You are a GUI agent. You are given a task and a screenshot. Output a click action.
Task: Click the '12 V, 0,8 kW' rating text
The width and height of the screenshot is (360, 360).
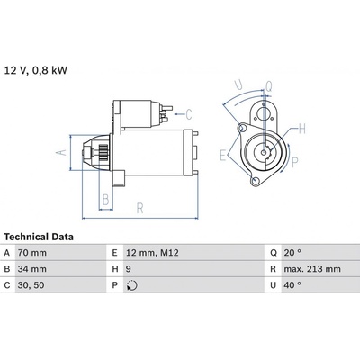[x=36, y=70]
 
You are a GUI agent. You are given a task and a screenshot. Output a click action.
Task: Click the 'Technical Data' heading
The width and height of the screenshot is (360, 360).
[x=39, y=237]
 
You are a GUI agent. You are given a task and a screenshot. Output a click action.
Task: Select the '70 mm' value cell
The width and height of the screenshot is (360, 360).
[x=32, y=253]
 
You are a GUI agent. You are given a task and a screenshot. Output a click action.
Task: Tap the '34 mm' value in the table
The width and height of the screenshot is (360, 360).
[x=32, y=269]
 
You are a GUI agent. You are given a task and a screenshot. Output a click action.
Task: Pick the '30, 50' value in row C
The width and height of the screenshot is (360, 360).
[x=31, y=285]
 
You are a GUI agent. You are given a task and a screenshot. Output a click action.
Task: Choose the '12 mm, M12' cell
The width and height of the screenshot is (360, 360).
[x=152, y=253]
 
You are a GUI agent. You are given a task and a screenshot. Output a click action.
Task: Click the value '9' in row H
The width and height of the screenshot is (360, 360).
[x=129, y=269]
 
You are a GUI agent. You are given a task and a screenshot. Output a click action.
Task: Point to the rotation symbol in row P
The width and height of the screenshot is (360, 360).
[x=131, y=285]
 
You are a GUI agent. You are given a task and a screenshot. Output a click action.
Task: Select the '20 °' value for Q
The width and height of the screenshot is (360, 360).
[x=292, y=253]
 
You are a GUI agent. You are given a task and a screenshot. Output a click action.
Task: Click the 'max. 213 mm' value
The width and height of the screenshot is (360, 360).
[x=312, y=269]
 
